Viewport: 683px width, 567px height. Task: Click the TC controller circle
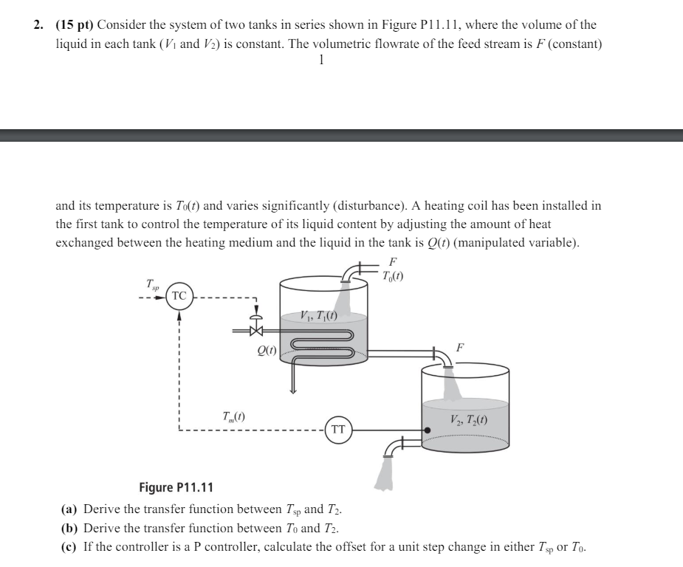[x=179, y=295]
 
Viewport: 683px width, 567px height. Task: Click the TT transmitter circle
[x=338, y=429]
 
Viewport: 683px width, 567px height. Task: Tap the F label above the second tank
[x=459, y=347]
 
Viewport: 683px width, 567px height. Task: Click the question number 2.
[x=37, y=25]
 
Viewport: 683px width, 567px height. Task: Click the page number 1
[x=320, y=61]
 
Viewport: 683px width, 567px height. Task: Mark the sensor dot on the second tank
[x=426, y=429]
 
